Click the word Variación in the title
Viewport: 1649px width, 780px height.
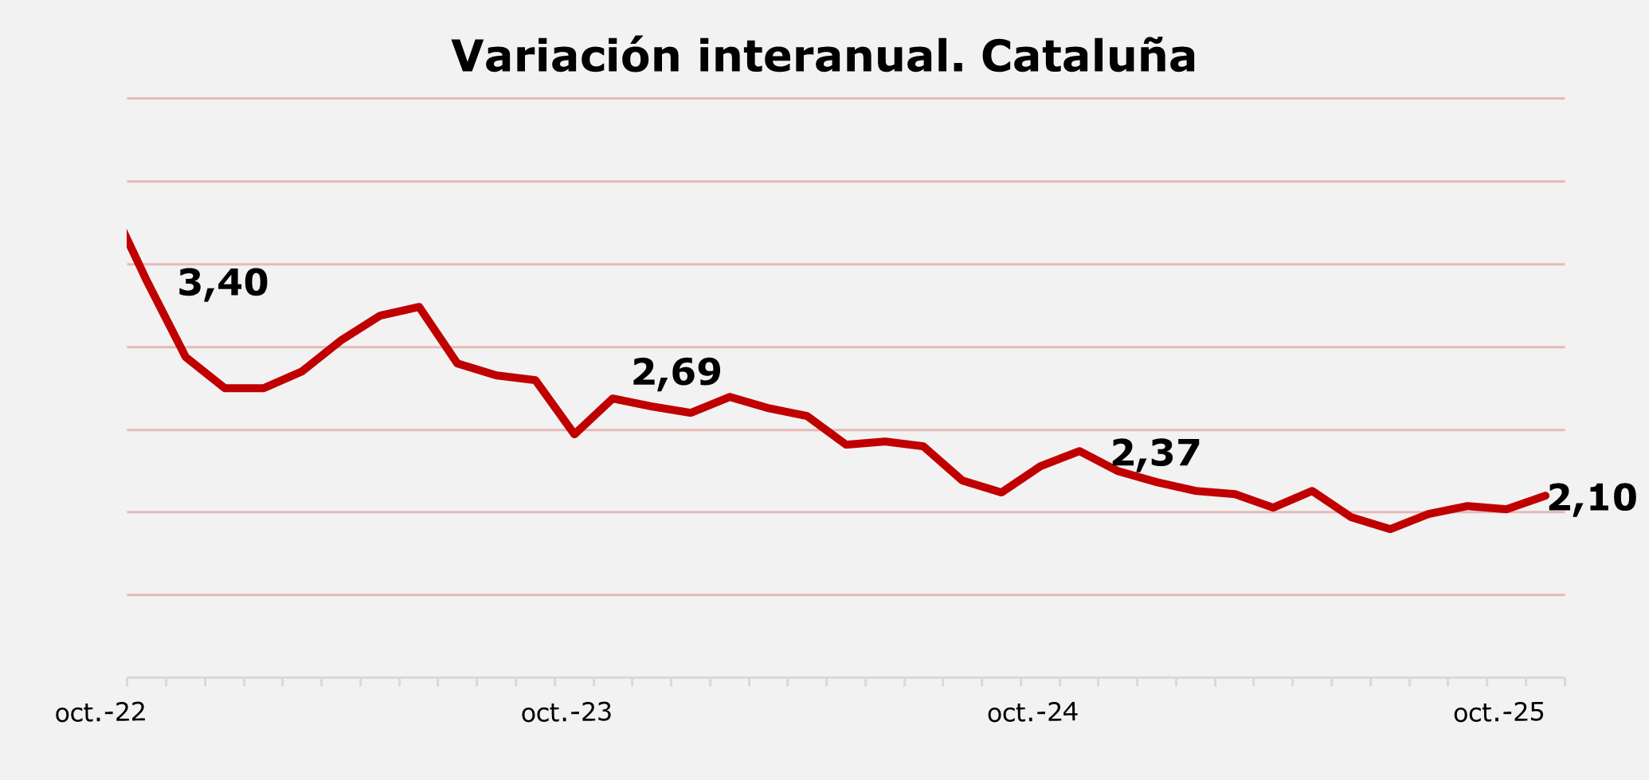[566, 57]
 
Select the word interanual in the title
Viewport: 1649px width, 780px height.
[831, 57]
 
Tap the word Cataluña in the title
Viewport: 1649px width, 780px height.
[1088, 57]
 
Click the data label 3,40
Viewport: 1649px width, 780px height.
[222, 284]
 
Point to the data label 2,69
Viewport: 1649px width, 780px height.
[676, 373]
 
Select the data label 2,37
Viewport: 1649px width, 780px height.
[1155, 454]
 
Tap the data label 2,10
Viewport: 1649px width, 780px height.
[1592, 500]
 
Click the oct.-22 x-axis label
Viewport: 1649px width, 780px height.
[100, 712]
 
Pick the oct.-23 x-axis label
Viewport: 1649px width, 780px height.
[566, 712]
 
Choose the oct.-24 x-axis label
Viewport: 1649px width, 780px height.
[1032, 712]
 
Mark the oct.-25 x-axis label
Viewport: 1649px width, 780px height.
[1498, 712]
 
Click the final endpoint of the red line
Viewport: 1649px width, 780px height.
[1545, 496]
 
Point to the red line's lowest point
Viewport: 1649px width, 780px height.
[1390, 529]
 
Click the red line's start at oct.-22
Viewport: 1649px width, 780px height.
[127, 237]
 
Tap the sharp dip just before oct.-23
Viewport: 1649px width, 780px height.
[574, 434]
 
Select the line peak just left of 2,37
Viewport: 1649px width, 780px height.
[1079, 451]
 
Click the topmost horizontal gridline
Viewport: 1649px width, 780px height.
[844, 99]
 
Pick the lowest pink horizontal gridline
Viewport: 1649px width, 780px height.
[844, 594]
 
